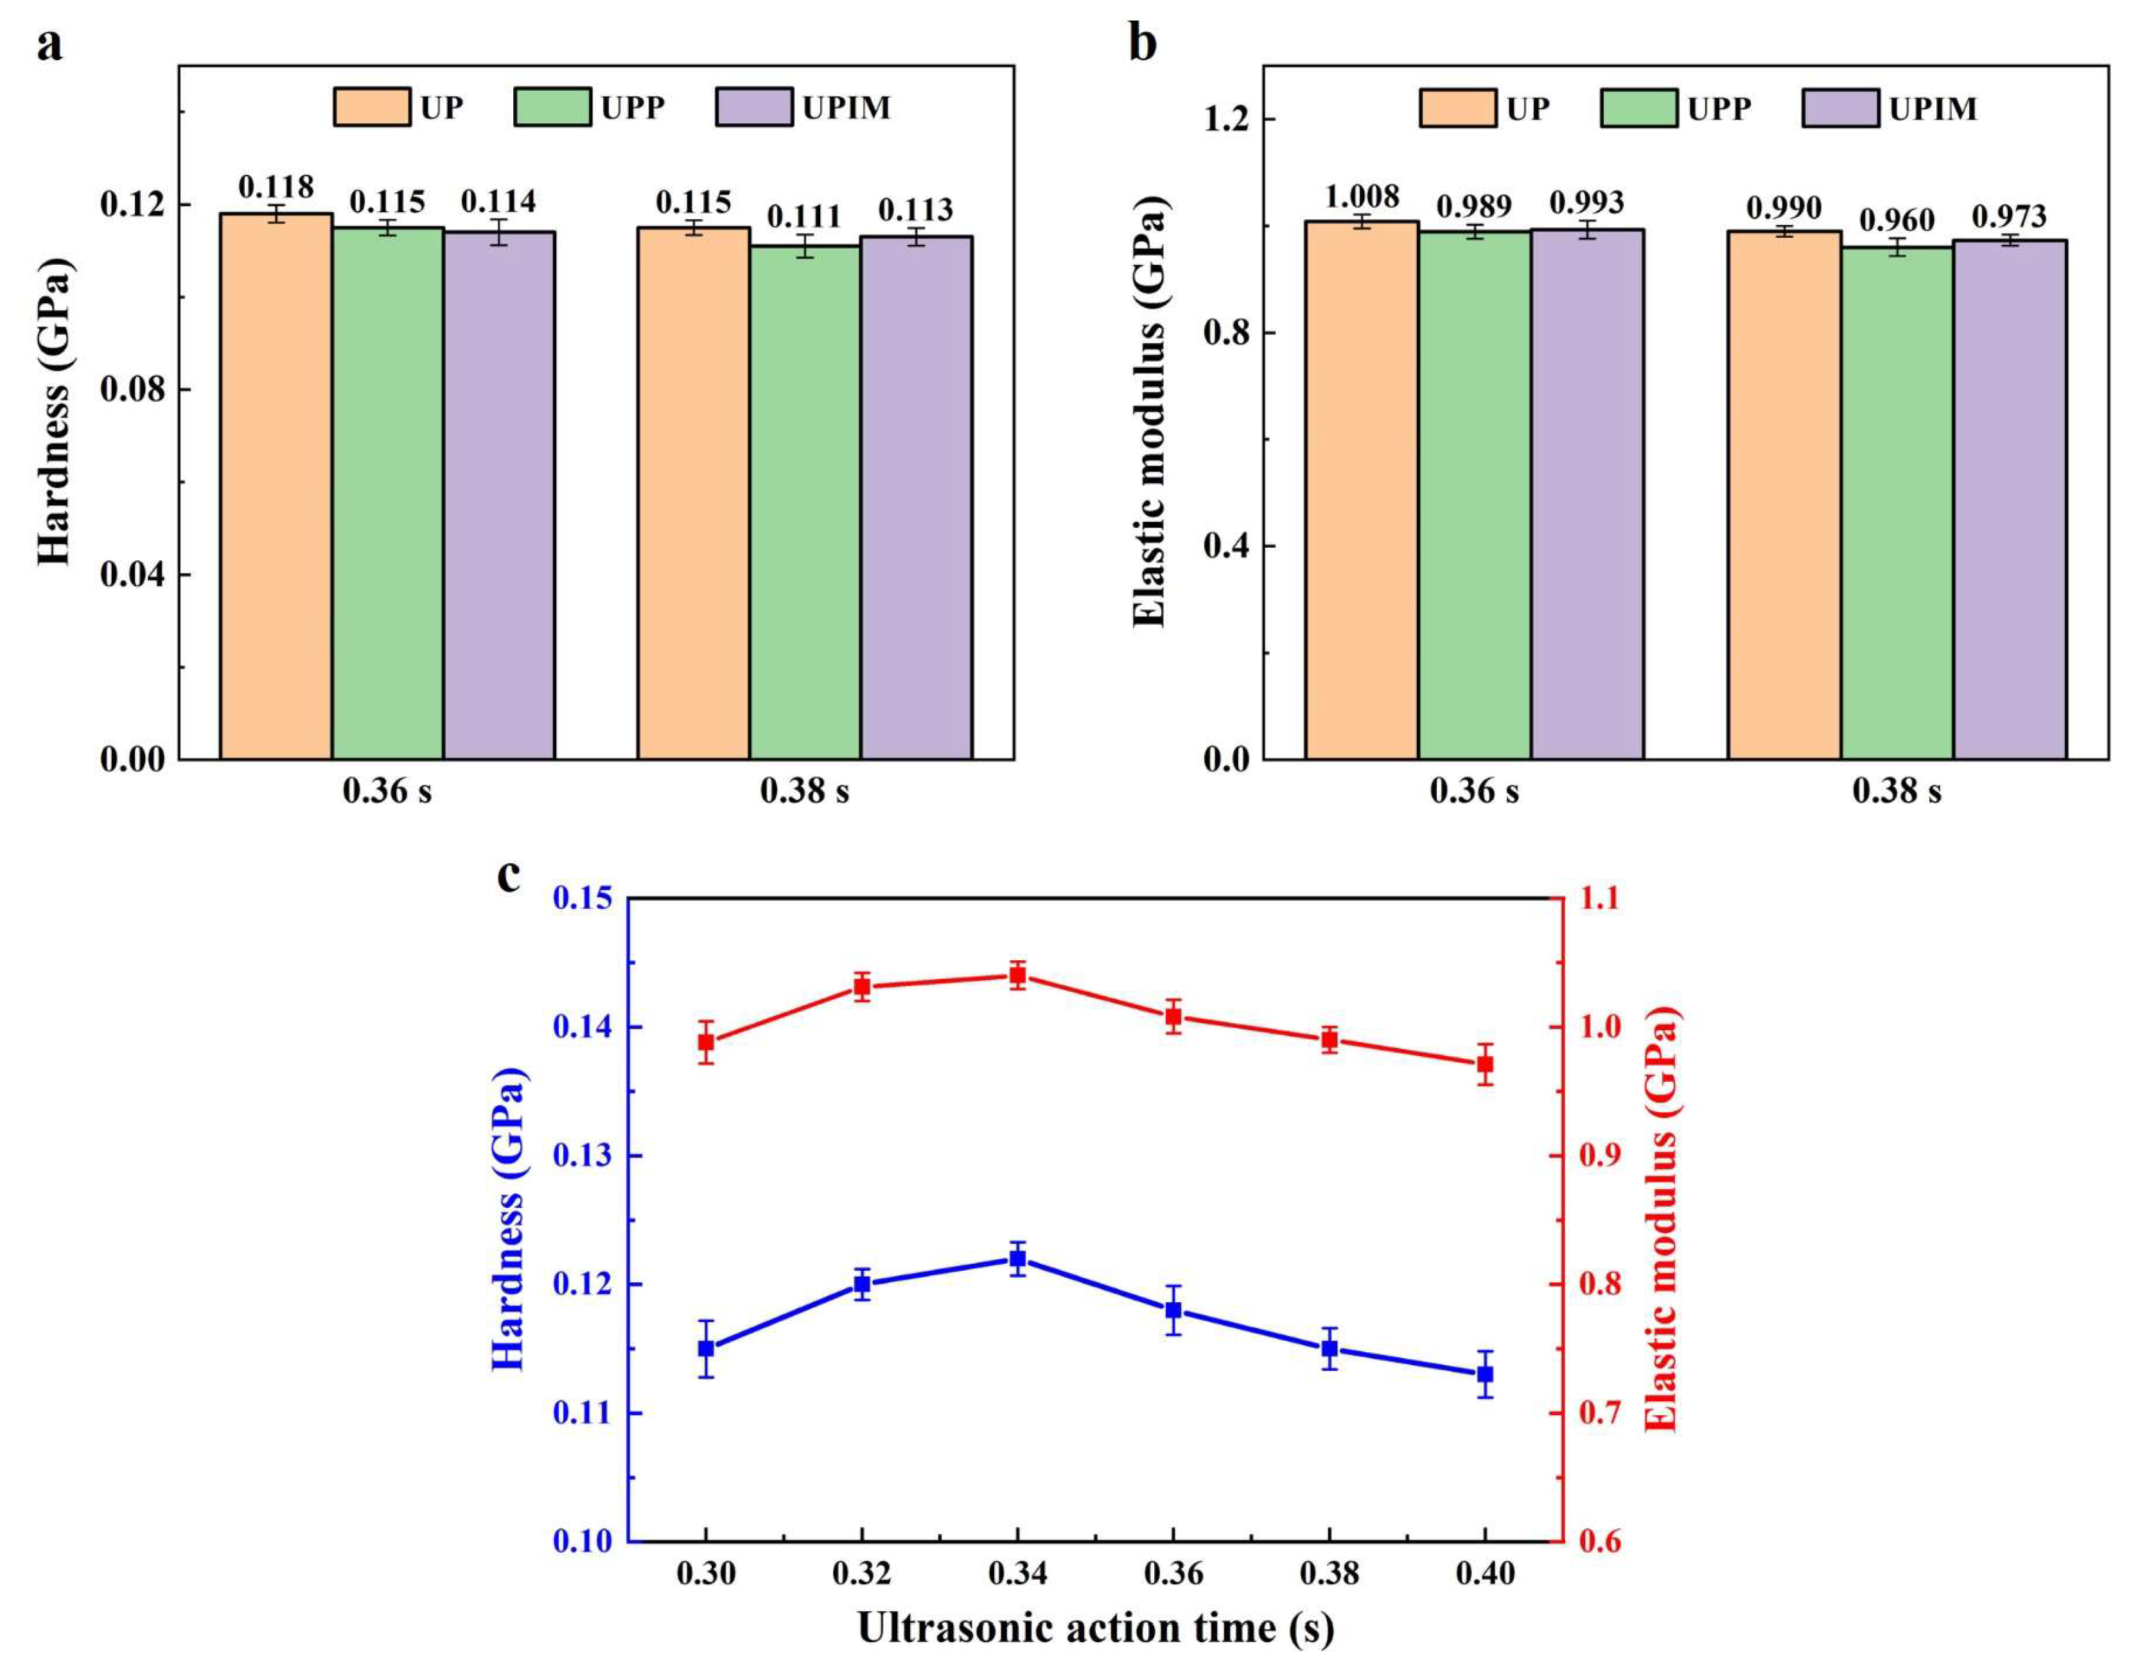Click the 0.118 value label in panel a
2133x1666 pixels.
276,186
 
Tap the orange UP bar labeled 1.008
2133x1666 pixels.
1362,488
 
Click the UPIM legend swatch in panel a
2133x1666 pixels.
753,107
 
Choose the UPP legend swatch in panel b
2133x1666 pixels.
1640,107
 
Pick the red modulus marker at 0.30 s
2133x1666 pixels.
706,1042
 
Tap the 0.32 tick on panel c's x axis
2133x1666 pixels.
861,1574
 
